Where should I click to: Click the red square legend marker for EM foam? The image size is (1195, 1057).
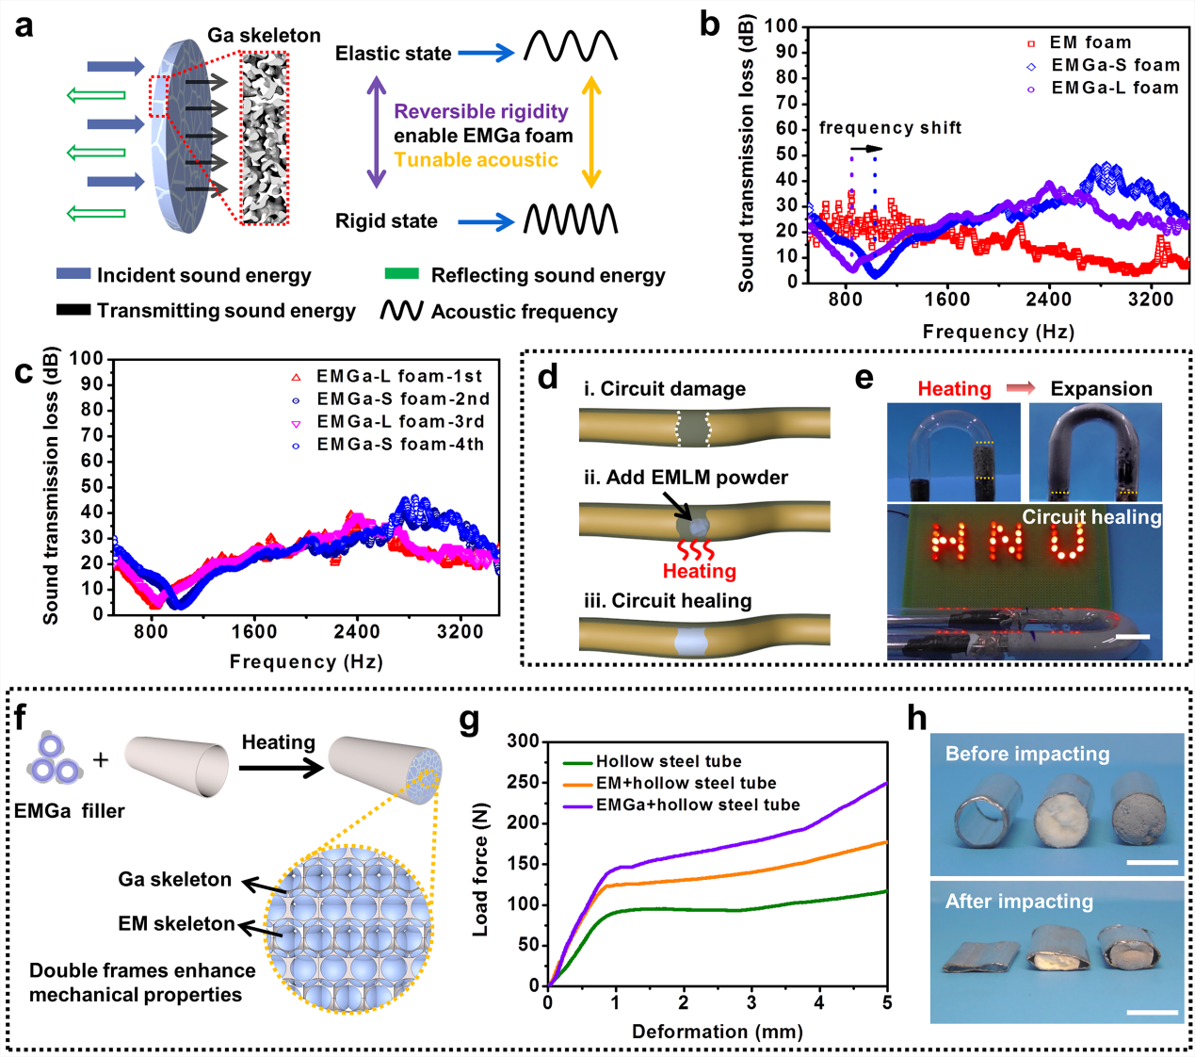pyautogui.click(x=1031, y=43)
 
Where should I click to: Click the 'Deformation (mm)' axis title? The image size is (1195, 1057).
pyautogui.click(x=717, y=1032)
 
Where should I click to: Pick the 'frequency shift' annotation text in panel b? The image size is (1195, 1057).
pyautogui.click(x=890, y=128)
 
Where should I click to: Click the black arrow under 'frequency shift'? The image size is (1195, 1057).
pyautogui.click(x=866, y=149)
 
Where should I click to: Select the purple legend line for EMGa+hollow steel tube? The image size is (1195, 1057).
pyautogui.click(x=578, y=805)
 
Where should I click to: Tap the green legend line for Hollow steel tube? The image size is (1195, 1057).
pyautogui.click(x=578, y=762)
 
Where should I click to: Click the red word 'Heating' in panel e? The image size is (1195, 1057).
pyautogui.click(x=954, y=389)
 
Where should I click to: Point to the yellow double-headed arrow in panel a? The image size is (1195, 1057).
pyautogui.click(x=591, y=133)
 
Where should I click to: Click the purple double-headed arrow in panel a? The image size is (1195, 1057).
pyautogui.click(x=377, y=133)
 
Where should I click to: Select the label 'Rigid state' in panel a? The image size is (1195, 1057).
pyautogui.click(x=386, y=221)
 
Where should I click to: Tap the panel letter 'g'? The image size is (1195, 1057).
pyautogui.click(x=469, y=721)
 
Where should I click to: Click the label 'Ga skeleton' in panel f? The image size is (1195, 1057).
pyautogui.click(x=174, y=879)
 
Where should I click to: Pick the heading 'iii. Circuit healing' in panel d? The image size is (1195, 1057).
pyautogui.click(x=667, y=601)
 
